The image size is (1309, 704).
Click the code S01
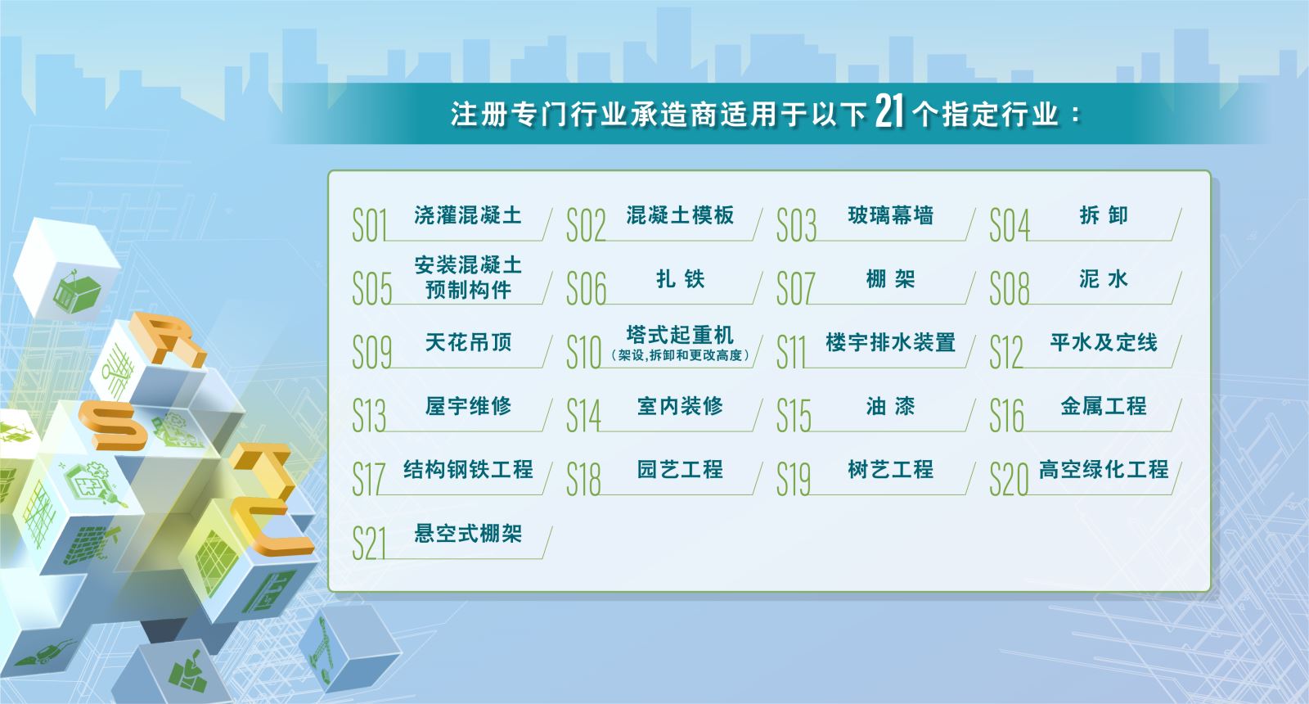point(369,225)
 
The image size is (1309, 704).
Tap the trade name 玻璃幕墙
point(891,215)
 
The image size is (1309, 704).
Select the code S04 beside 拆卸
point(1010,225)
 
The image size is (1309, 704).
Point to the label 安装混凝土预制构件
point(468,278)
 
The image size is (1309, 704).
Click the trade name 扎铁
point(680,279)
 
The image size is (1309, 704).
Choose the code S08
point(1010,288)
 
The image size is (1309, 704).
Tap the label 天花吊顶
point(468,342)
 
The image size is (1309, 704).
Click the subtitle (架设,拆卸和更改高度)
point(680,355)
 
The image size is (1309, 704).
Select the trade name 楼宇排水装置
point(891,342)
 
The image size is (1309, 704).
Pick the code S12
point(1005,352)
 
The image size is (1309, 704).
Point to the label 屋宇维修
point(468,406)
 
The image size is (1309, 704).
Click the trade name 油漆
point(891,406)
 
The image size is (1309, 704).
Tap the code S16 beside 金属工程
point(1006,416)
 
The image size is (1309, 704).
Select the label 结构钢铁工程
point(468,469)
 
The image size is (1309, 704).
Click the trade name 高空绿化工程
point(1104,469)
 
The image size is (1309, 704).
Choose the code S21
point(369,544)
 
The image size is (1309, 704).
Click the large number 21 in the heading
point(889,111)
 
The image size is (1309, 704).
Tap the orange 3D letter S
point(113,425)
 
